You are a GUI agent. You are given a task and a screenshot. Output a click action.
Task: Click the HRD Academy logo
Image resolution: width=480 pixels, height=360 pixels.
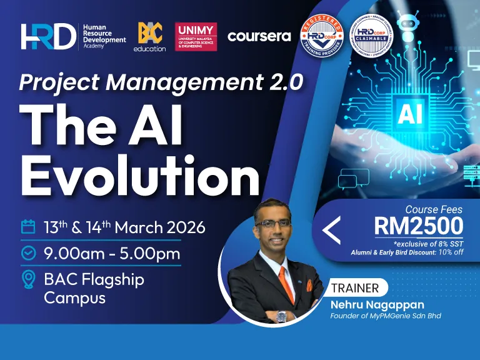click(x=72, y=36)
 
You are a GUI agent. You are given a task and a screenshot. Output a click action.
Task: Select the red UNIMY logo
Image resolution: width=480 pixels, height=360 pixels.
click(x=196, y=37)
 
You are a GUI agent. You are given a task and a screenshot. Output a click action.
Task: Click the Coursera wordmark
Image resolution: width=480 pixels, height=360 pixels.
click(x=259, y=36)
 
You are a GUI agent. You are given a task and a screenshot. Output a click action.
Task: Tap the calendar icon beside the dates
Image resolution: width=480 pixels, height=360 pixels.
click(x=28, y=227)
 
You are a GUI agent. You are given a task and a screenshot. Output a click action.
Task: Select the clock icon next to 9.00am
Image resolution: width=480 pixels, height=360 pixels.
click(x=28, y=253)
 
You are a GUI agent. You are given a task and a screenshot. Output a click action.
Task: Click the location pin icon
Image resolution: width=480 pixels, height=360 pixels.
click(x=28, y=279)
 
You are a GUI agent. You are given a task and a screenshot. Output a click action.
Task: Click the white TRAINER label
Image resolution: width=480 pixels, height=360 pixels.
click(x=354, y=288)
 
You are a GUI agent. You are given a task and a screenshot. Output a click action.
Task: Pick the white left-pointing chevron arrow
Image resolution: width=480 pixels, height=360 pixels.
click(x=331, y=231)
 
